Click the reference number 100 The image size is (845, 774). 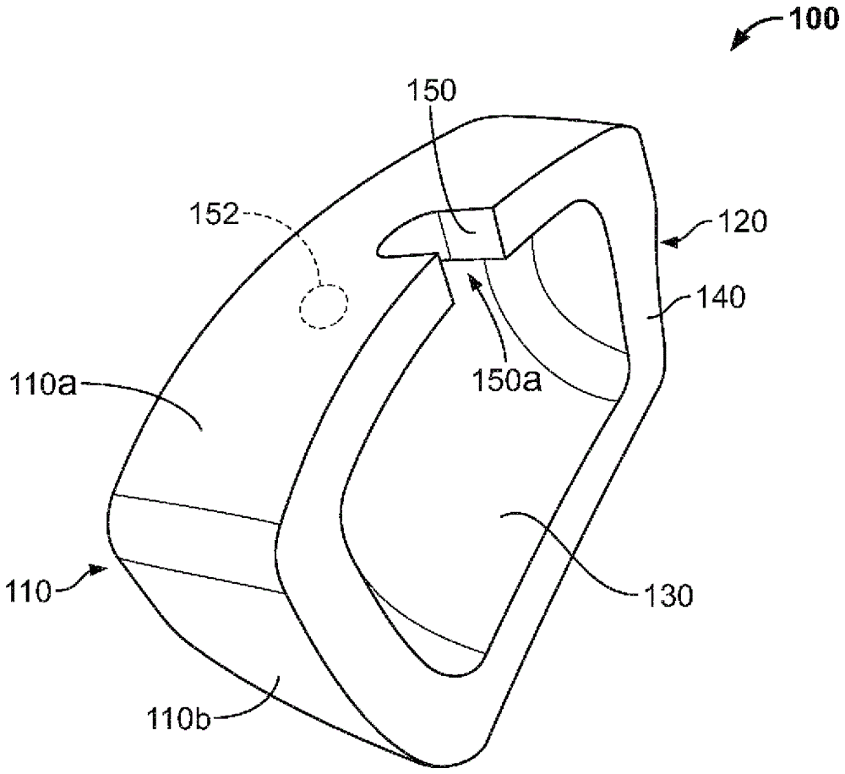(x=809, y=20)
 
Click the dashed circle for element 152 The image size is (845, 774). (x=324, y=305)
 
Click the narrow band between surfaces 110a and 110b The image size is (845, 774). (x=194, y=530)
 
